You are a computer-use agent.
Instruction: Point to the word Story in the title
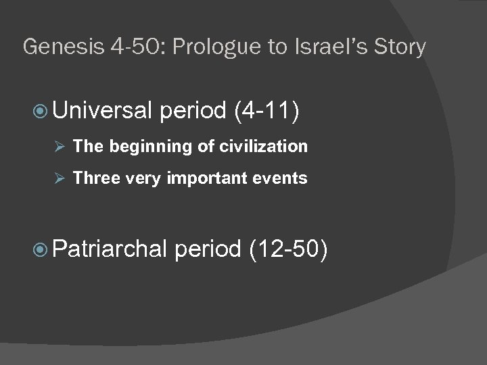click(x=399, y=47)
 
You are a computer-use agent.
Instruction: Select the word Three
click(x=93, y=178)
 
